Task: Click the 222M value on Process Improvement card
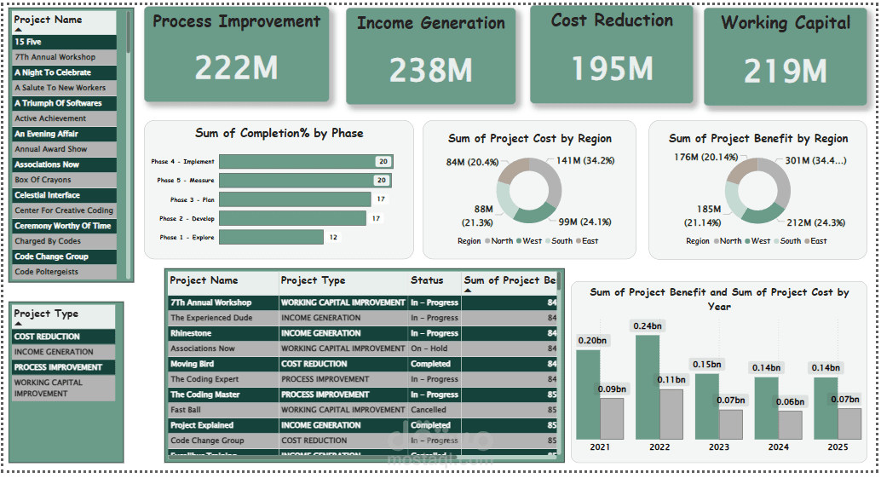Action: pos(236,67)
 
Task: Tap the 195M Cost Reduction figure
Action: pos(611,68)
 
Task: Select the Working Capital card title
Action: pos(786,23)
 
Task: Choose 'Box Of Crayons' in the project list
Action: pos(43,180)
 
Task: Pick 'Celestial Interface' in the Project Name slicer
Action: pos(47,195)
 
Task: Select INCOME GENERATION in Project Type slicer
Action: pos(54,352)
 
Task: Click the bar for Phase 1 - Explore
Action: pos(271,237)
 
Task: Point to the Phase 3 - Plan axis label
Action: pos(192,199)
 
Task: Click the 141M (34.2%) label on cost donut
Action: pos(584,160)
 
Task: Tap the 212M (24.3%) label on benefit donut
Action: pos(815,223)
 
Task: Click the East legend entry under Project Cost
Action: pos(590,241)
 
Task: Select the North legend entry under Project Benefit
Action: pos(730,241)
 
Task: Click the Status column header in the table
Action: pos(427,280)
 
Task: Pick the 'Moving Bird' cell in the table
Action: pos(192,364)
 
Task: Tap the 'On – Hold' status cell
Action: pos(429,348)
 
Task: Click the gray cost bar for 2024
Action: pos(790,424)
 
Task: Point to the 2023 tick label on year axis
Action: pos(718,446)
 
